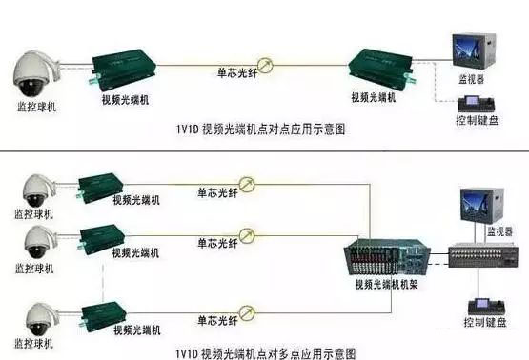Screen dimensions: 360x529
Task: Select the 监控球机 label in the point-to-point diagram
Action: [x=37, y=107]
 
